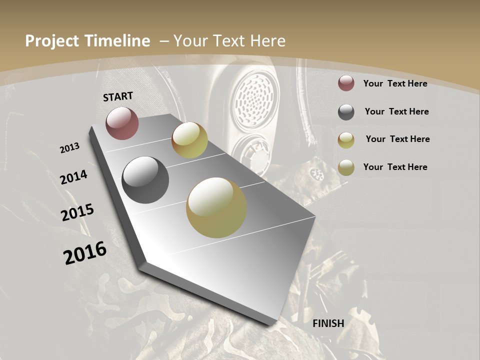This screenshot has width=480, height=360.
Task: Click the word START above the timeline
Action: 118,96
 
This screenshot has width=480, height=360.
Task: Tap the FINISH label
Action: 328,323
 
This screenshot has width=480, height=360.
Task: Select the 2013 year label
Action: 69,148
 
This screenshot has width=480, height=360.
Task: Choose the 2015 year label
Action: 77,212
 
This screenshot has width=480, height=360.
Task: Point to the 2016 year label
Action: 85,253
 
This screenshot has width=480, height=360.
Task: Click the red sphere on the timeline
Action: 122,123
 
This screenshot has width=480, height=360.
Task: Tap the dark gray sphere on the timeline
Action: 145,180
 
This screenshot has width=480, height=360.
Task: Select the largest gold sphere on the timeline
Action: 216,207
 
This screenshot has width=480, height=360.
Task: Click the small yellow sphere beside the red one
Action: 189,140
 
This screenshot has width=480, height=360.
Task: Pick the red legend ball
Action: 346,83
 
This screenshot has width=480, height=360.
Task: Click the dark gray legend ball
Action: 346,112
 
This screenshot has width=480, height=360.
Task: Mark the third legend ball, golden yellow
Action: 346,140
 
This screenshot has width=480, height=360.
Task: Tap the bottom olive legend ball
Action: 346,167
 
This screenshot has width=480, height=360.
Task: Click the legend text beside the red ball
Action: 395,83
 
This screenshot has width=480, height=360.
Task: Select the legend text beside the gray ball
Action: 396,111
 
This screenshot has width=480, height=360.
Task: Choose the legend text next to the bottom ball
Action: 395,167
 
